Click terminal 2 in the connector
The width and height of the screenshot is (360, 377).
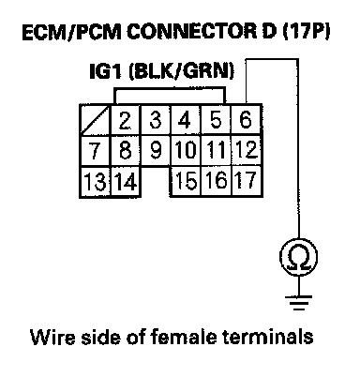[x=125, y=120]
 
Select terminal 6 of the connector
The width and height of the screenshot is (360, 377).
[x=246, y=120]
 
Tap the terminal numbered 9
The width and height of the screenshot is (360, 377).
[x=156, y=150]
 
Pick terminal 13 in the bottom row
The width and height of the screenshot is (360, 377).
[x=95, y=182]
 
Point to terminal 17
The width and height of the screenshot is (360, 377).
[x=247, y=181]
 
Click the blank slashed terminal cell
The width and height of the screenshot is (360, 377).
[x=95, y=120]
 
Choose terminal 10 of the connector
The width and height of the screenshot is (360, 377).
[x=186, y=150]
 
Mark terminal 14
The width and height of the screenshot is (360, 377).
[x=125, y=182]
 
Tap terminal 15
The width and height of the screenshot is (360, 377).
[x=186, y=181]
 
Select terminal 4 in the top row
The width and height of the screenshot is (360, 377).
[x=186, y=120]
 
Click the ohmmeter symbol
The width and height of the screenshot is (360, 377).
[x=298, y=257]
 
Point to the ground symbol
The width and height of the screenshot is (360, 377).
[x=298, y=303]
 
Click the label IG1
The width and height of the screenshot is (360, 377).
[x=105, y=71]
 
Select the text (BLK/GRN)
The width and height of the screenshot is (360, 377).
[x=181, y=71]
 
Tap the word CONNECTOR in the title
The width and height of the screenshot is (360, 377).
[x=192, y=32]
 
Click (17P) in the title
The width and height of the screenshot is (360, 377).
[x=307, y=32]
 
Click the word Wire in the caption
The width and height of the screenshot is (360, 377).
[x=52, y=337]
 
